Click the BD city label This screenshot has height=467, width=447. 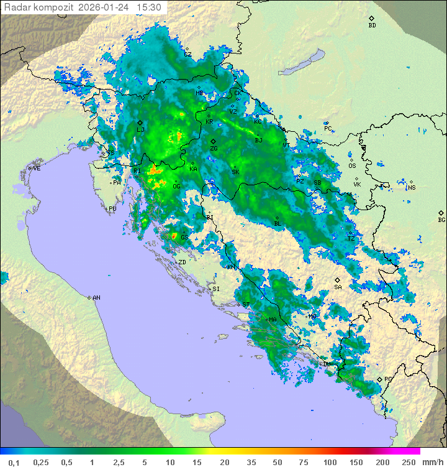point(372,25)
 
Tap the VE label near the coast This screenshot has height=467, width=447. point(37,169)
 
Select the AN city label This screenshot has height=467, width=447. point(96,298)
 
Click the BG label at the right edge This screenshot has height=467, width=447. point(441,220)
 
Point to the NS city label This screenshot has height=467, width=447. point(411,188)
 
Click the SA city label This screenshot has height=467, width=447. point(338,287)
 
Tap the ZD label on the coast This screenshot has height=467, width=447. point(182,262)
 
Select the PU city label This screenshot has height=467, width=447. point(112,209)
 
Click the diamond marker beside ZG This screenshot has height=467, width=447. point(213,141)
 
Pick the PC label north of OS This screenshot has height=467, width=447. point(328,129)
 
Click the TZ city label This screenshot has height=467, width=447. point(351,239)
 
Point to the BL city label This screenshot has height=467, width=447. point(278,224)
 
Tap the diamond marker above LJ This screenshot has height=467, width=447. point(140,123)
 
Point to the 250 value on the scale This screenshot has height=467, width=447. point(408,462)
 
